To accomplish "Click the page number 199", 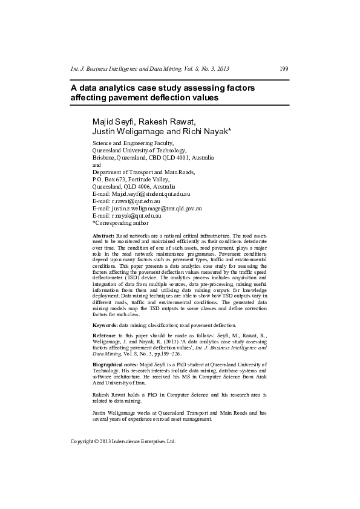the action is tap(284, 69).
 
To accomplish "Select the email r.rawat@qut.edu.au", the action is tap(134, 201).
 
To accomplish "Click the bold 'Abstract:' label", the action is tap(103, 234).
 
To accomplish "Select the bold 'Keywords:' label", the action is tap(105, 325).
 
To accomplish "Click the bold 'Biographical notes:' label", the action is tap(115, 366).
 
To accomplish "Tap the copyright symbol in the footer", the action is tap(96, 442).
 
